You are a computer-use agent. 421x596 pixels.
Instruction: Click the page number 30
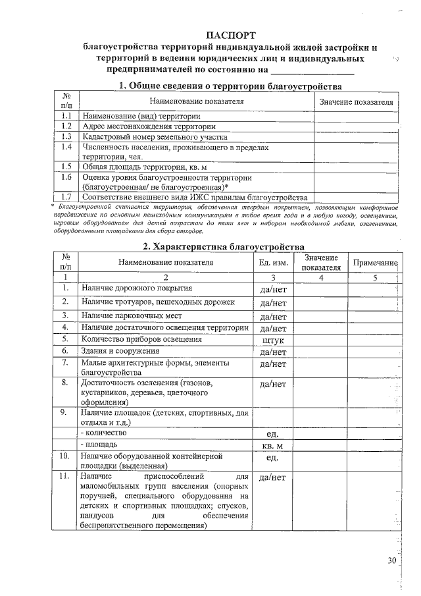coord(393,560)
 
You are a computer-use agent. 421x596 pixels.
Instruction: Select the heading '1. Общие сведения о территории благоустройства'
coord(230,86)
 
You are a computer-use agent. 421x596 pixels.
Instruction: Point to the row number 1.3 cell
coord(66,136)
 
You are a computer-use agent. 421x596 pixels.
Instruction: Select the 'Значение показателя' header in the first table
coord(355,102)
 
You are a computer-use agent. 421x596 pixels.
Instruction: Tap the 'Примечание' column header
coord(376,262)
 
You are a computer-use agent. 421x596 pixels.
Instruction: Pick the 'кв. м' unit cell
coord(273,445)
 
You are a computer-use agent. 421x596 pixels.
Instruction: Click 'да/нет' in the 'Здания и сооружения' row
coord(273,352)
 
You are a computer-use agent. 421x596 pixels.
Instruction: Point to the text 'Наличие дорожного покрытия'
coord(136,288)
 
